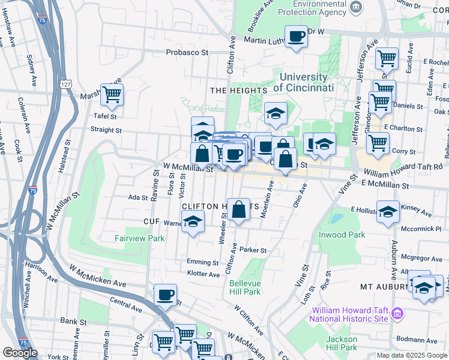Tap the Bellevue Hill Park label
pyautogui.click(x=245, y=287)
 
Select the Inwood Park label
pyautogui.click(x=342, y=233)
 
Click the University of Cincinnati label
pyautogui.click(x=304, y=82)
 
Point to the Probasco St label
pyautogui.click(x=187, y=52)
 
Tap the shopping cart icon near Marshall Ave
pyautogui.click(x=112, y=94)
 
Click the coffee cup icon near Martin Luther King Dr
pyautogui.click(x=296, y=37)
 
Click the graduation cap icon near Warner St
pyautogui.click(x=193, y=222)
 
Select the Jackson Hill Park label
pyautogui.click(x=342, y=343)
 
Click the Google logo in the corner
pyautogui.click(x=20, y=352)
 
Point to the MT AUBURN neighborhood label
pyautogui.click(x=384, y=287)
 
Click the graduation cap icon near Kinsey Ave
pyautogui.click(x=388, y=211)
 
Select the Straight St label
pyautogui.click(x=106, y=130)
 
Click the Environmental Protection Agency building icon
pyautogui.click(x=356, y=7)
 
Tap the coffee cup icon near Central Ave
pyautogui.click(x=165, y=295)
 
